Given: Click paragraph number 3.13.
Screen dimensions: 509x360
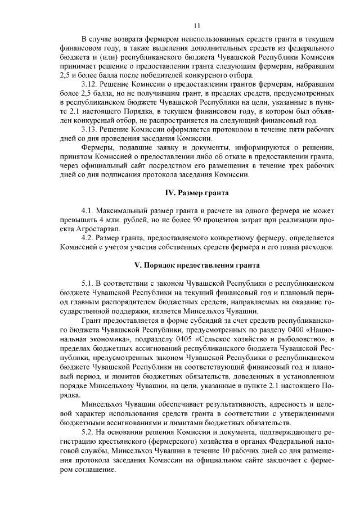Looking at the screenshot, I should click(91, 129).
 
